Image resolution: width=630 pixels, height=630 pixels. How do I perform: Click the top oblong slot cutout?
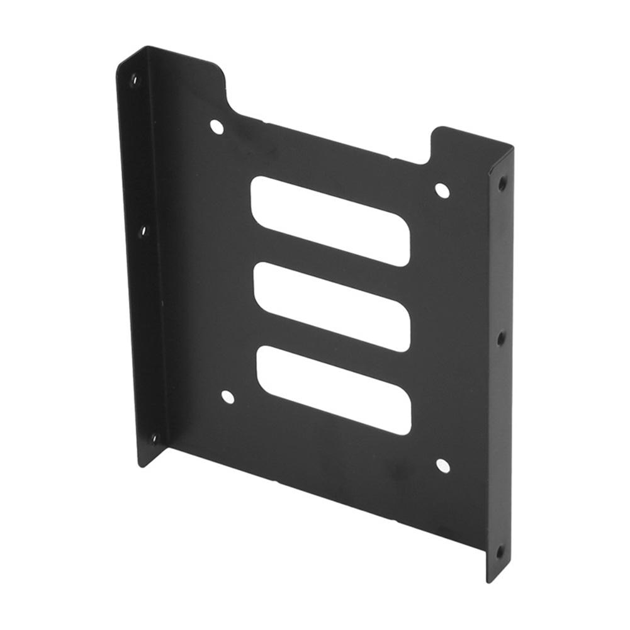point(330,221)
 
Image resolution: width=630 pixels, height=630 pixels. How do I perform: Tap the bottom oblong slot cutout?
point(334,390)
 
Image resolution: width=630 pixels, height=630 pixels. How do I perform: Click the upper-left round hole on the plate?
point(217,127)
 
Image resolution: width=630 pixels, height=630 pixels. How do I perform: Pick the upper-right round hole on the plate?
point(442,191)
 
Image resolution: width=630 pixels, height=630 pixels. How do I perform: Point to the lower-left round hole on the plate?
point(228,397)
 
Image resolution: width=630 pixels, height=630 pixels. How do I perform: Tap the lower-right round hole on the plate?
point(442,466)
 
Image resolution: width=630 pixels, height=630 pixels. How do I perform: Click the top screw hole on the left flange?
point(133,80)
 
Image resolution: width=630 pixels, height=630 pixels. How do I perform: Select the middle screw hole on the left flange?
point(142,231)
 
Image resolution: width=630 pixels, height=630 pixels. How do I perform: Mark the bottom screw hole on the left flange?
point(153,438)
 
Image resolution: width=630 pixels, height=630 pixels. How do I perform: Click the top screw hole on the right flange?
point(502,184)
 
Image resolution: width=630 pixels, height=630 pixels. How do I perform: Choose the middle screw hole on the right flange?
point(501,339)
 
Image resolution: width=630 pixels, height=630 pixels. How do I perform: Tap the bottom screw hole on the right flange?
point(500,553)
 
